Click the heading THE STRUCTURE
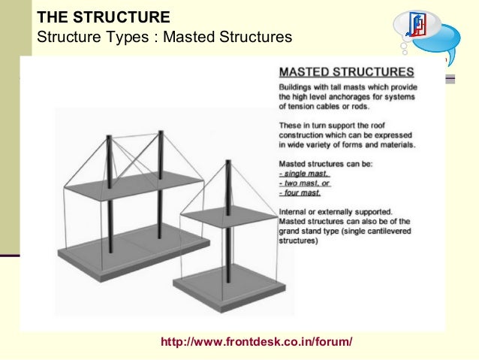pyautogui.click(x=103, y=17)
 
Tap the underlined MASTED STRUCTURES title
pyautogui.click(x=346, y=73)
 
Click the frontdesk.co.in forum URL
pyautogui.click(x=256, y=343)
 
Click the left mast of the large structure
pyautogui.click(x=109, y=195)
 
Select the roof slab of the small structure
pyautogui.click(x=230, y=217)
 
